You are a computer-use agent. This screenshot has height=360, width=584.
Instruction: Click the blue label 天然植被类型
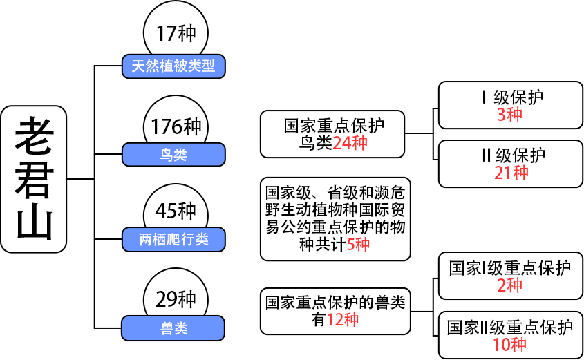click(x=173, y=66)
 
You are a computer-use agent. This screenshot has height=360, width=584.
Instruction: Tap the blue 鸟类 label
click(x=173, y=155)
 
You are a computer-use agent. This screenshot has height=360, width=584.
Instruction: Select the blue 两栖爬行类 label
click(x=173, y=240)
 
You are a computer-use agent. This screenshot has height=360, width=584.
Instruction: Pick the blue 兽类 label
click(x=173, y=328)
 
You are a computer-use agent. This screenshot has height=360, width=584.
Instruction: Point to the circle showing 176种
click(x=176, y=126)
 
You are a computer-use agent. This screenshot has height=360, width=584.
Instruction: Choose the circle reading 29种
click(x=176, y=299)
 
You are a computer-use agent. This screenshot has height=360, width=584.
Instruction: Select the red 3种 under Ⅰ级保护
click(x=510, y=115)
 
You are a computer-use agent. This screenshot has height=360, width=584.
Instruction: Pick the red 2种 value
click(x=510, y=285)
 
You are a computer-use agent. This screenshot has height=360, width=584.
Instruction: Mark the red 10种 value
click(x=510, y=344)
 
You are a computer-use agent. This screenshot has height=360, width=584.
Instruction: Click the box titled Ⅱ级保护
click(x=511, y=163)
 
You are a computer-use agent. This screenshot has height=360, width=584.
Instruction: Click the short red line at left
click(x=77, y=179)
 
